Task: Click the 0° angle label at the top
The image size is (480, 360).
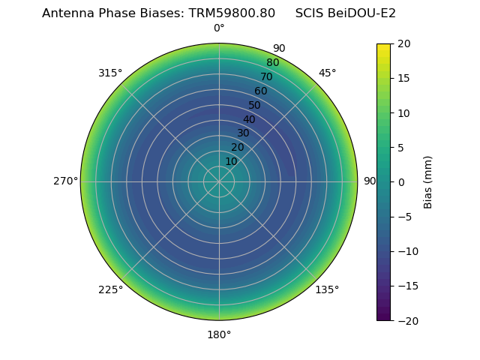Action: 219,28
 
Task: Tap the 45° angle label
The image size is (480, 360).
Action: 327,73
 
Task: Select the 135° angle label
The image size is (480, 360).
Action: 327,289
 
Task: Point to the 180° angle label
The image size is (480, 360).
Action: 219,334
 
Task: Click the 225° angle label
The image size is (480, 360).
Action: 110,289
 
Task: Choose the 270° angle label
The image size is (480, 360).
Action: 65,181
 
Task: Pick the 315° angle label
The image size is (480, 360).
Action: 110,73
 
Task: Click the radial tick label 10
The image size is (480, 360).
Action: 231,161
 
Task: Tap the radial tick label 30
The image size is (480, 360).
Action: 243,133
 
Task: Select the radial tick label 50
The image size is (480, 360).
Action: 255,105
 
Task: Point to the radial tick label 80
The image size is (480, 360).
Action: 272,63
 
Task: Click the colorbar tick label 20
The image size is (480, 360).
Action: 403,43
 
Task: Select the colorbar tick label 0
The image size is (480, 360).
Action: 400,182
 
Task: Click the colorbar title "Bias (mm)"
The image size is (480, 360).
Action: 428,182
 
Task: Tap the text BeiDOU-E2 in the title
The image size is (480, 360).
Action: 361,13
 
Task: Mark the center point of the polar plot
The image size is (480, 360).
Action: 219,181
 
